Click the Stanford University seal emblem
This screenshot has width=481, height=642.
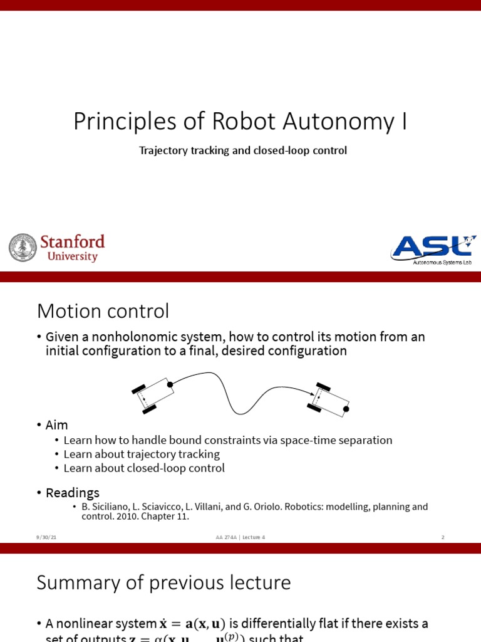[23, 248]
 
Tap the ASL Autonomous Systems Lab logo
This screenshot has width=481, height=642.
[433, 250]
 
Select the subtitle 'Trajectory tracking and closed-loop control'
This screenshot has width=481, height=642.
[243, 150]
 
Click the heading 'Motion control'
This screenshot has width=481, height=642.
[103, 310]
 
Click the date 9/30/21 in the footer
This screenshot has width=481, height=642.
[46, 537]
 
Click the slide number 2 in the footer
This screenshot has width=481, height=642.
[443, 537]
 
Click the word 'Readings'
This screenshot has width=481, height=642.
[73, 493]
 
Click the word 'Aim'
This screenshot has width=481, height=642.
[56, 424]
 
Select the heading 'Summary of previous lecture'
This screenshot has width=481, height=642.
[163, 582]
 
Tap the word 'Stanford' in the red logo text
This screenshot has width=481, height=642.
[72, 242]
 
